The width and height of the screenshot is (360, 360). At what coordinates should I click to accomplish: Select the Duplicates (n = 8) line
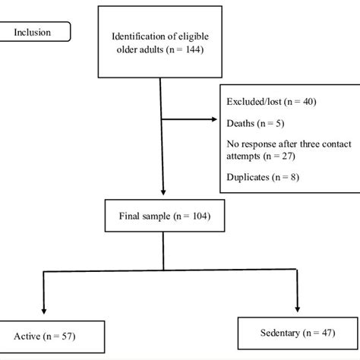pyautogui.click(x=257, y=179)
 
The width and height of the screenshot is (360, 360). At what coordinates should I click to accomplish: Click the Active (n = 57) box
pyautogui.click(x=46, y=335)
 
